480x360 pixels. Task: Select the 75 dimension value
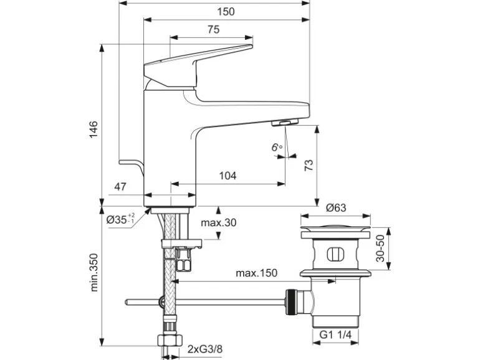pyautogui.click(x=213, y=29)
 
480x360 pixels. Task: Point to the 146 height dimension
pyautogui.click(x=92, y=129)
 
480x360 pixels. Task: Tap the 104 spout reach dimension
pyautogui.click(x=228, y=176)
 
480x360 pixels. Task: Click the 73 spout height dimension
pyautogui.click(x=308, y=165)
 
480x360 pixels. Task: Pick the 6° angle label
pyautogui.click(x=277, y=147)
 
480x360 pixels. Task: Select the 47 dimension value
pyautogui.click(x=120, y=186)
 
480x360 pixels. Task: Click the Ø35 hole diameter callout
pyautogui.click(x=120, y=219)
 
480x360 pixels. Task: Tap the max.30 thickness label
pyautogui.click(x=218, y=223)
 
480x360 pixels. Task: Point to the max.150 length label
pyautogui.click(x=256, y=273)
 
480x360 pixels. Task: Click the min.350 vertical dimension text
pyautogui.click(x=94, y=273)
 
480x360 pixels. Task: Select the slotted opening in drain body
pyautogui.click(x=335, y=254)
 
